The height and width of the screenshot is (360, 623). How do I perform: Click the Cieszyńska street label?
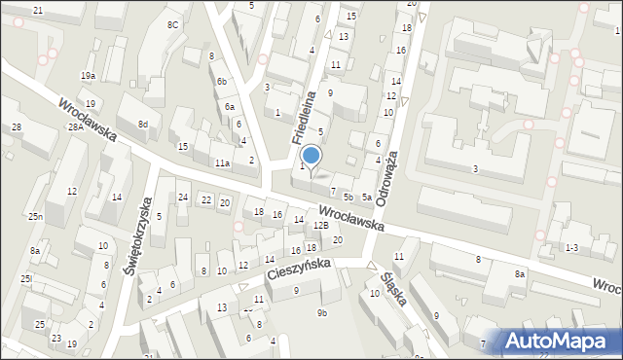click(x=301, y=269)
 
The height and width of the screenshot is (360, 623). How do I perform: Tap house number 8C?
click(x=172, y=24)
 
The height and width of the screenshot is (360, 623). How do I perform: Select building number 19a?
click(x=89, y=76)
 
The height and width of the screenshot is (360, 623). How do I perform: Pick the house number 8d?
click(x=142, y=125)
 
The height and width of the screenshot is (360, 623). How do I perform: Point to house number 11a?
click(x=222, y=163)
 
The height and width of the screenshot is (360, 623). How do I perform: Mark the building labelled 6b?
click(x=222, y=81)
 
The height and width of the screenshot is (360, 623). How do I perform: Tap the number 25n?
click(x=35, y=216)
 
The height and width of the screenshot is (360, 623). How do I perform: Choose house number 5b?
click(x=348, y=198)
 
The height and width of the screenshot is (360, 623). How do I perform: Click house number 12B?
click(x=320, y=226)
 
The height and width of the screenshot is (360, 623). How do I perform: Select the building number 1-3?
click(x=570, y=249)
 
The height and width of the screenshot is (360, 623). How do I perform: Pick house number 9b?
click(x=322, y=312)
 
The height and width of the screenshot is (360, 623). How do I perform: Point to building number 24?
click(x=183, y=198)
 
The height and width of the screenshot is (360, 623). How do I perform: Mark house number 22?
click(x=205, y=199)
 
